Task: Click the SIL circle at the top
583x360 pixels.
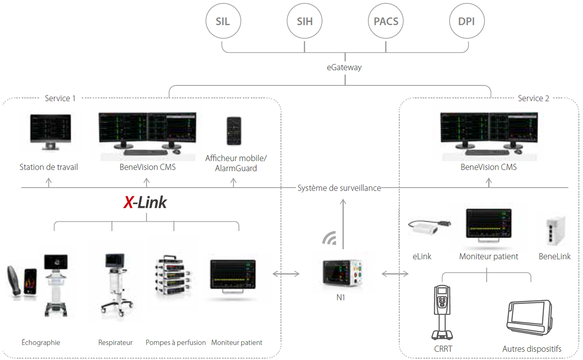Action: [223, 21]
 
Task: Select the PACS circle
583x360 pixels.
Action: [386, 21]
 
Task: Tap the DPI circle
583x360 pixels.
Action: [467, 21]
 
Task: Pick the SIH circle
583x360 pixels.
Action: [304, 21]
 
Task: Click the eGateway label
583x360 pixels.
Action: [344, 67]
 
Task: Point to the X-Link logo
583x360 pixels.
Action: [145, 202]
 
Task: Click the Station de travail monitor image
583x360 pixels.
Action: [50, 132]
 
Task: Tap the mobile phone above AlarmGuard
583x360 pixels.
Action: [234, 131]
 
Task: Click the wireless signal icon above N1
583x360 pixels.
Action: [330, 238]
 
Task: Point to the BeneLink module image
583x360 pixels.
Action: [555, 231]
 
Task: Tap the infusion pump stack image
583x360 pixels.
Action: [172, 276]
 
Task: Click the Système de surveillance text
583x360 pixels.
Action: [339, 188]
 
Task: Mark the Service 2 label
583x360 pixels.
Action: [533, 98]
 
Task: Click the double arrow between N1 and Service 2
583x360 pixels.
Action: [395, 274]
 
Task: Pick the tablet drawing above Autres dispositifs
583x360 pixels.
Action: [529, 317]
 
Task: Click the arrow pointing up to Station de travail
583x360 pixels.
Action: [49, 182]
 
